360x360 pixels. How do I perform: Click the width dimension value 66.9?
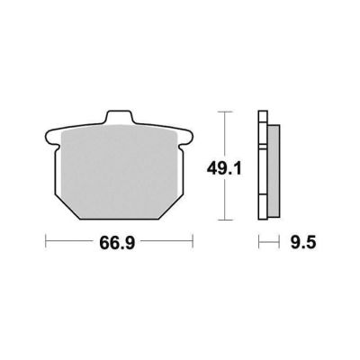117,243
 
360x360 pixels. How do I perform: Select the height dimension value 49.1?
224,170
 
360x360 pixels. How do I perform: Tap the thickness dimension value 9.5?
303,243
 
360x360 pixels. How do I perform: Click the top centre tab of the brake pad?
119,117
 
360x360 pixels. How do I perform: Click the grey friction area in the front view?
119,171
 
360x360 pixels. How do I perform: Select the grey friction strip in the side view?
274,171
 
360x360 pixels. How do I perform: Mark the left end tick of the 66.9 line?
46,241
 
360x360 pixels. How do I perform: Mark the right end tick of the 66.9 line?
193,241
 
